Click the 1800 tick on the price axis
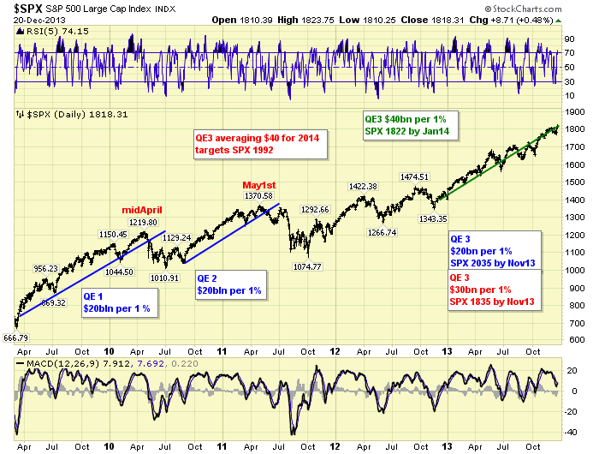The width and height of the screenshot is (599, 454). point(574,129)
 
